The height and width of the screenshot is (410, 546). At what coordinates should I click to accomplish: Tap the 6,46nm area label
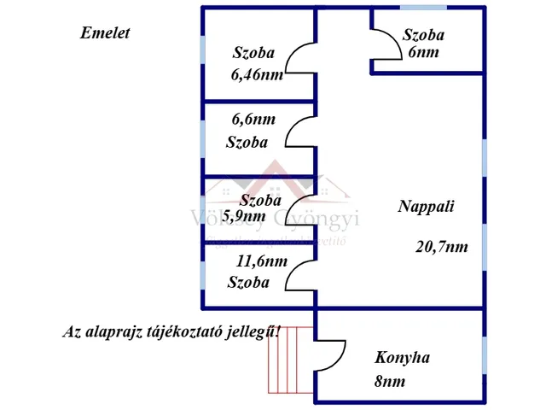(x=257, y=74)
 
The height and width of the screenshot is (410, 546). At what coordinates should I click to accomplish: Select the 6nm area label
(x=423, y=52)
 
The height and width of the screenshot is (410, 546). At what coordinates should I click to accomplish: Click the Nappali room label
(x=426, y=207)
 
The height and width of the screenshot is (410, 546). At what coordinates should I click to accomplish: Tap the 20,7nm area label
(x=442, y=248)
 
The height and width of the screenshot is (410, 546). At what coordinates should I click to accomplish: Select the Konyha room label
(x=402, y=357)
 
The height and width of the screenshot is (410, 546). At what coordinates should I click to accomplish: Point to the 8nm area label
(x=389, y=382)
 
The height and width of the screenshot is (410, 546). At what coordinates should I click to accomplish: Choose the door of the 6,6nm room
(x=300, y=133)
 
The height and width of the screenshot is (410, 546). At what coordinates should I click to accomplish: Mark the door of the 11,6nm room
(x=300, y=275)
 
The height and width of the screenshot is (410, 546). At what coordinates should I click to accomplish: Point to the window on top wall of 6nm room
(x=423, y=8)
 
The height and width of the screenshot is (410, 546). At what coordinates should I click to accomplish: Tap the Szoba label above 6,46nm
(x=253, y=53)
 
